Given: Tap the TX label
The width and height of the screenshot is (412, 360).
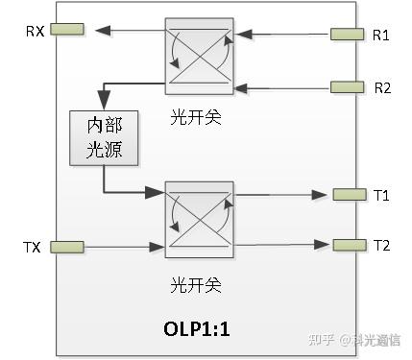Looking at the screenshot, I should pos(32,248).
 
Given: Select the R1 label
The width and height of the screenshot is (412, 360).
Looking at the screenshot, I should pos(381,35).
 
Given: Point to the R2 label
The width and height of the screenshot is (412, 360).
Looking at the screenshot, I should pos(381,87).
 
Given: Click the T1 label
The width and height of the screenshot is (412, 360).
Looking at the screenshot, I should pos(381,195).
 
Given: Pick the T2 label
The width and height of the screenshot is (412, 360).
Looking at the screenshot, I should pos(381,244).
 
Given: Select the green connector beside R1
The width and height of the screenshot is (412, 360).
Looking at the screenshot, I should pos(347,35).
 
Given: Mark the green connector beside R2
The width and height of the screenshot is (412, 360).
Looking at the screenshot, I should pos(347,87).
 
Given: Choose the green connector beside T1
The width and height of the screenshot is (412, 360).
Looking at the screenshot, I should pos(347,195).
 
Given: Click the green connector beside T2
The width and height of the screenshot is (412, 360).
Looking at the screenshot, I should pos(347,244).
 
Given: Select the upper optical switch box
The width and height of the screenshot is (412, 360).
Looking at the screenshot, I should pos(199,56).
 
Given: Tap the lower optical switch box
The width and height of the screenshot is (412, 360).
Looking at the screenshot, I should pos(199,220).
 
